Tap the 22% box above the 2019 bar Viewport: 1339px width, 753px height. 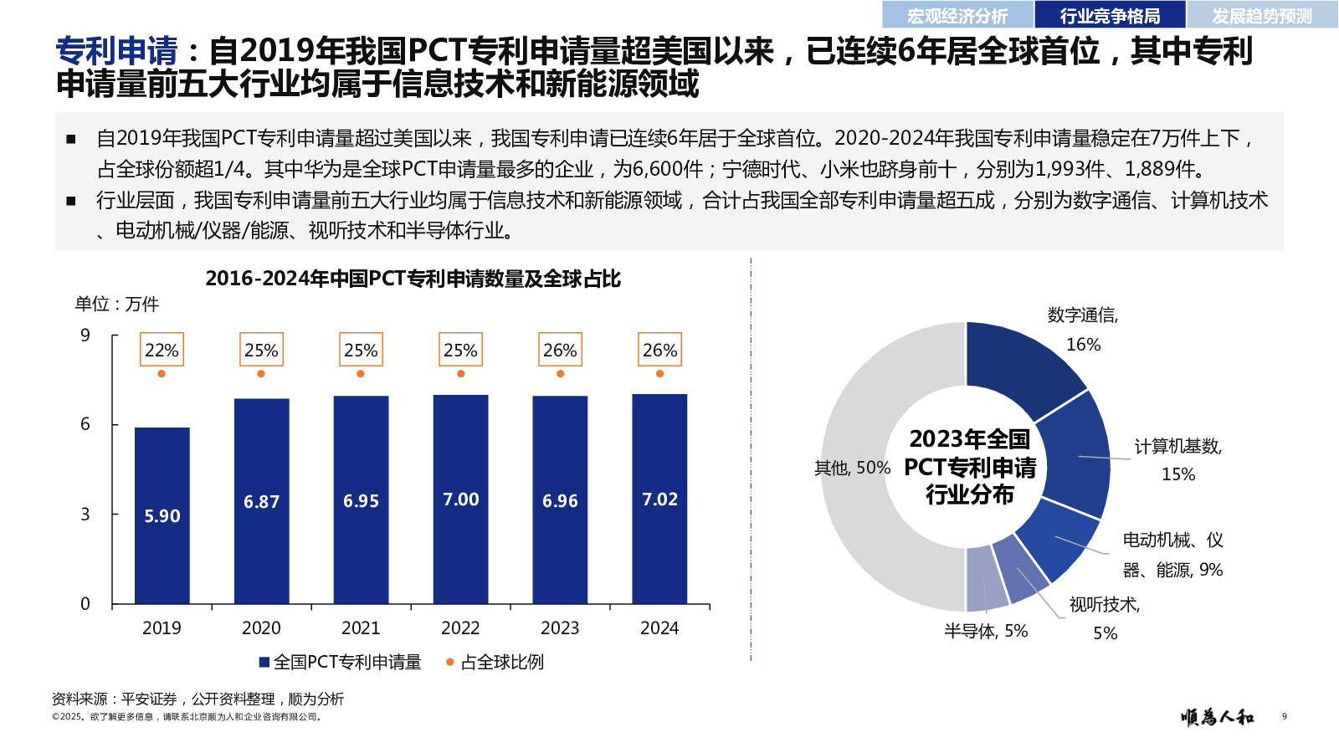point(162,350)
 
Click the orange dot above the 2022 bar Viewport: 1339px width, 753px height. point(460,374)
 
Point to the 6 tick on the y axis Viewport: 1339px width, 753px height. point(85,424)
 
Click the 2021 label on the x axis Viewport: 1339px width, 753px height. point(361,628)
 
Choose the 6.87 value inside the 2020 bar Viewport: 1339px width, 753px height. point(261,502)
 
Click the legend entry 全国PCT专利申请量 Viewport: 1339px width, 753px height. point(341,663)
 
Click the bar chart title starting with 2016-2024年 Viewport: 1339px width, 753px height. point(413,279)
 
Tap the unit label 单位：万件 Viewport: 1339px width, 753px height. point(116,305)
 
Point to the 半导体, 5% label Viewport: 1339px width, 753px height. point(986,632)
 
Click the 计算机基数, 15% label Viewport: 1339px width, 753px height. point(1177,459)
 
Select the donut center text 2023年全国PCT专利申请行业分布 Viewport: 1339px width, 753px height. point(970,467)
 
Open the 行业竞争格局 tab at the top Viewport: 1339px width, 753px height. point(1110,16)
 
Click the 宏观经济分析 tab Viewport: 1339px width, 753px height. point(957,16)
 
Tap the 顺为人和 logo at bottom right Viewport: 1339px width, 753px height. point(1217,717)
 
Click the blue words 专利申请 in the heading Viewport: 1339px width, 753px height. point(116,52)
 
